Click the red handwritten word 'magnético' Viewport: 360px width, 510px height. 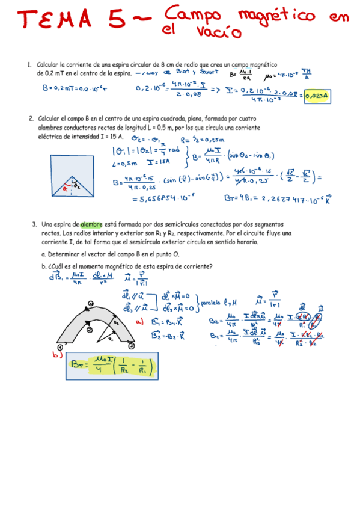(x=276, y=16)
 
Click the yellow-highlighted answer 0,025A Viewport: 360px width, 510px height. (x=318, y=95)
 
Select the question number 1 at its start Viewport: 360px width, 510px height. (x=29, y=64)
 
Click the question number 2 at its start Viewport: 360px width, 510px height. (x=31, y=119)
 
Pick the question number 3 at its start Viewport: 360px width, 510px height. (x=35, y=225)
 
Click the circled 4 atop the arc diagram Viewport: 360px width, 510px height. (x=90, y=303)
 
